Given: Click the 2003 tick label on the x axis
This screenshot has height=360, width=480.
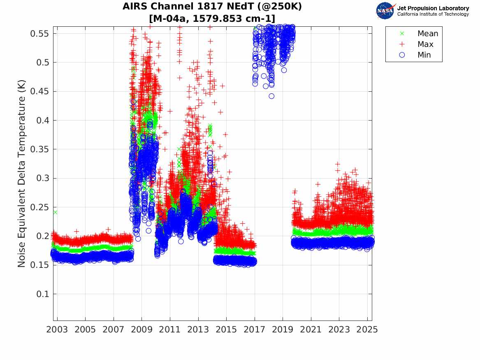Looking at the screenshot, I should click(57, 330).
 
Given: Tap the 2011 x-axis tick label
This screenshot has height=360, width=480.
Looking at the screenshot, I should click(170, 330).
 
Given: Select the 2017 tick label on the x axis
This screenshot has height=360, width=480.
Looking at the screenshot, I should click(255, 330).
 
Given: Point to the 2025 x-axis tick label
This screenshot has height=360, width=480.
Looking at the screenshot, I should click(367, 330).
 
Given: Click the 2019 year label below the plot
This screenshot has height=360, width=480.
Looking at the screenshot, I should click(283, 330).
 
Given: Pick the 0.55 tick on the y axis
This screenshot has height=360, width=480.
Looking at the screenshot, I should click(39, 34).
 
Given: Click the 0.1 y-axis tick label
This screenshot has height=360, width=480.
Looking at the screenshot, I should click(42, 294).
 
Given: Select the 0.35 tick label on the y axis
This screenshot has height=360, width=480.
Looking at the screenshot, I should click(39, 149).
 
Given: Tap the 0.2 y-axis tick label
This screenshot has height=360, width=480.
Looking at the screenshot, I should click(42, 236).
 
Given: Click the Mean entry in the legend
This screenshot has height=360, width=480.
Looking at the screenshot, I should click(428, 34).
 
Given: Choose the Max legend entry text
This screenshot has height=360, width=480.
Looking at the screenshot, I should click(425, 44).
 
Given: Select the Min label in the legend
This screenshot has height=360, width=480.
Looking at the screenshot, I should click(424, 55).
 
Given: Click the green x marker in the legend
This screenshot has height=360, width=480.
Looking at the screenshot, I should click(402, 34).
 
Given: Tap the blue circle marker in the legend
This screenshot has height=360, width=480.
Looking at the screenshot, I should click(402, 55).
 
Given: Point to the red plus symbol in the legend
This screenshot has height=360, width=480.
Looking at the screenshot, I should click(402, 44).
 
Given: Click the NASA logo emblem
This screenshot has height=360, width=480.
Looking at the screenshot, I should click(385, 11).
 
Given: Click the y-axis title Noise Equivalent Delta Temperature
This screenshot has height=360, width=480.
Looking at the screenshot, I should click(22, 174).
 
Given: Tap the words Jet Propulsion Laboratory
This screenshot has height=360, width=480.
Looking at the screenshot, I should click(433, 8).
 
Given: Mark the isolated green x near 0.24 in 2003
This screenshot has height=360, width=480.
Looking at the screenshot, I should click(55, 212).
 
